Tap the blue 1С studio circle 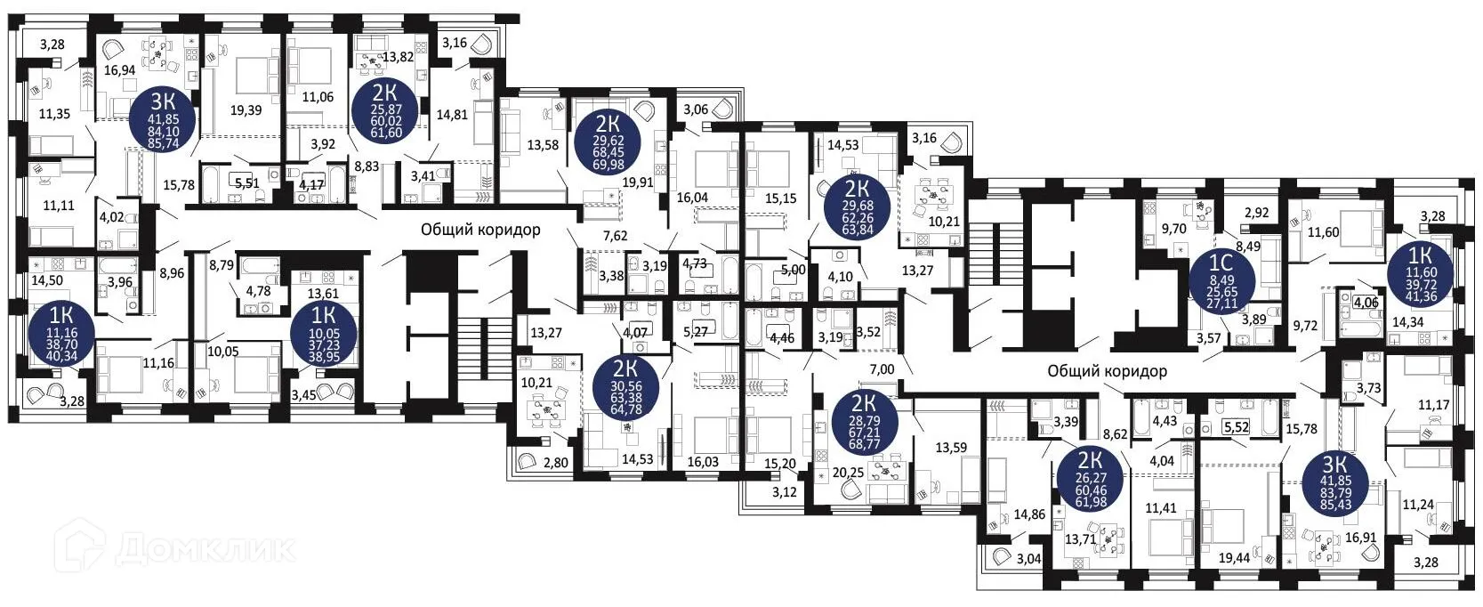[x=1222, y=277]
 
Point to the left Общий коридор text [x=480, y=230]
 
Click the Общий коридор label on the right [x=1107, y=370]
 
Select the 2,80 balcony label [x=556, y=462]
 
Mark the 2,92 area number [x=1255, y=214]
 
